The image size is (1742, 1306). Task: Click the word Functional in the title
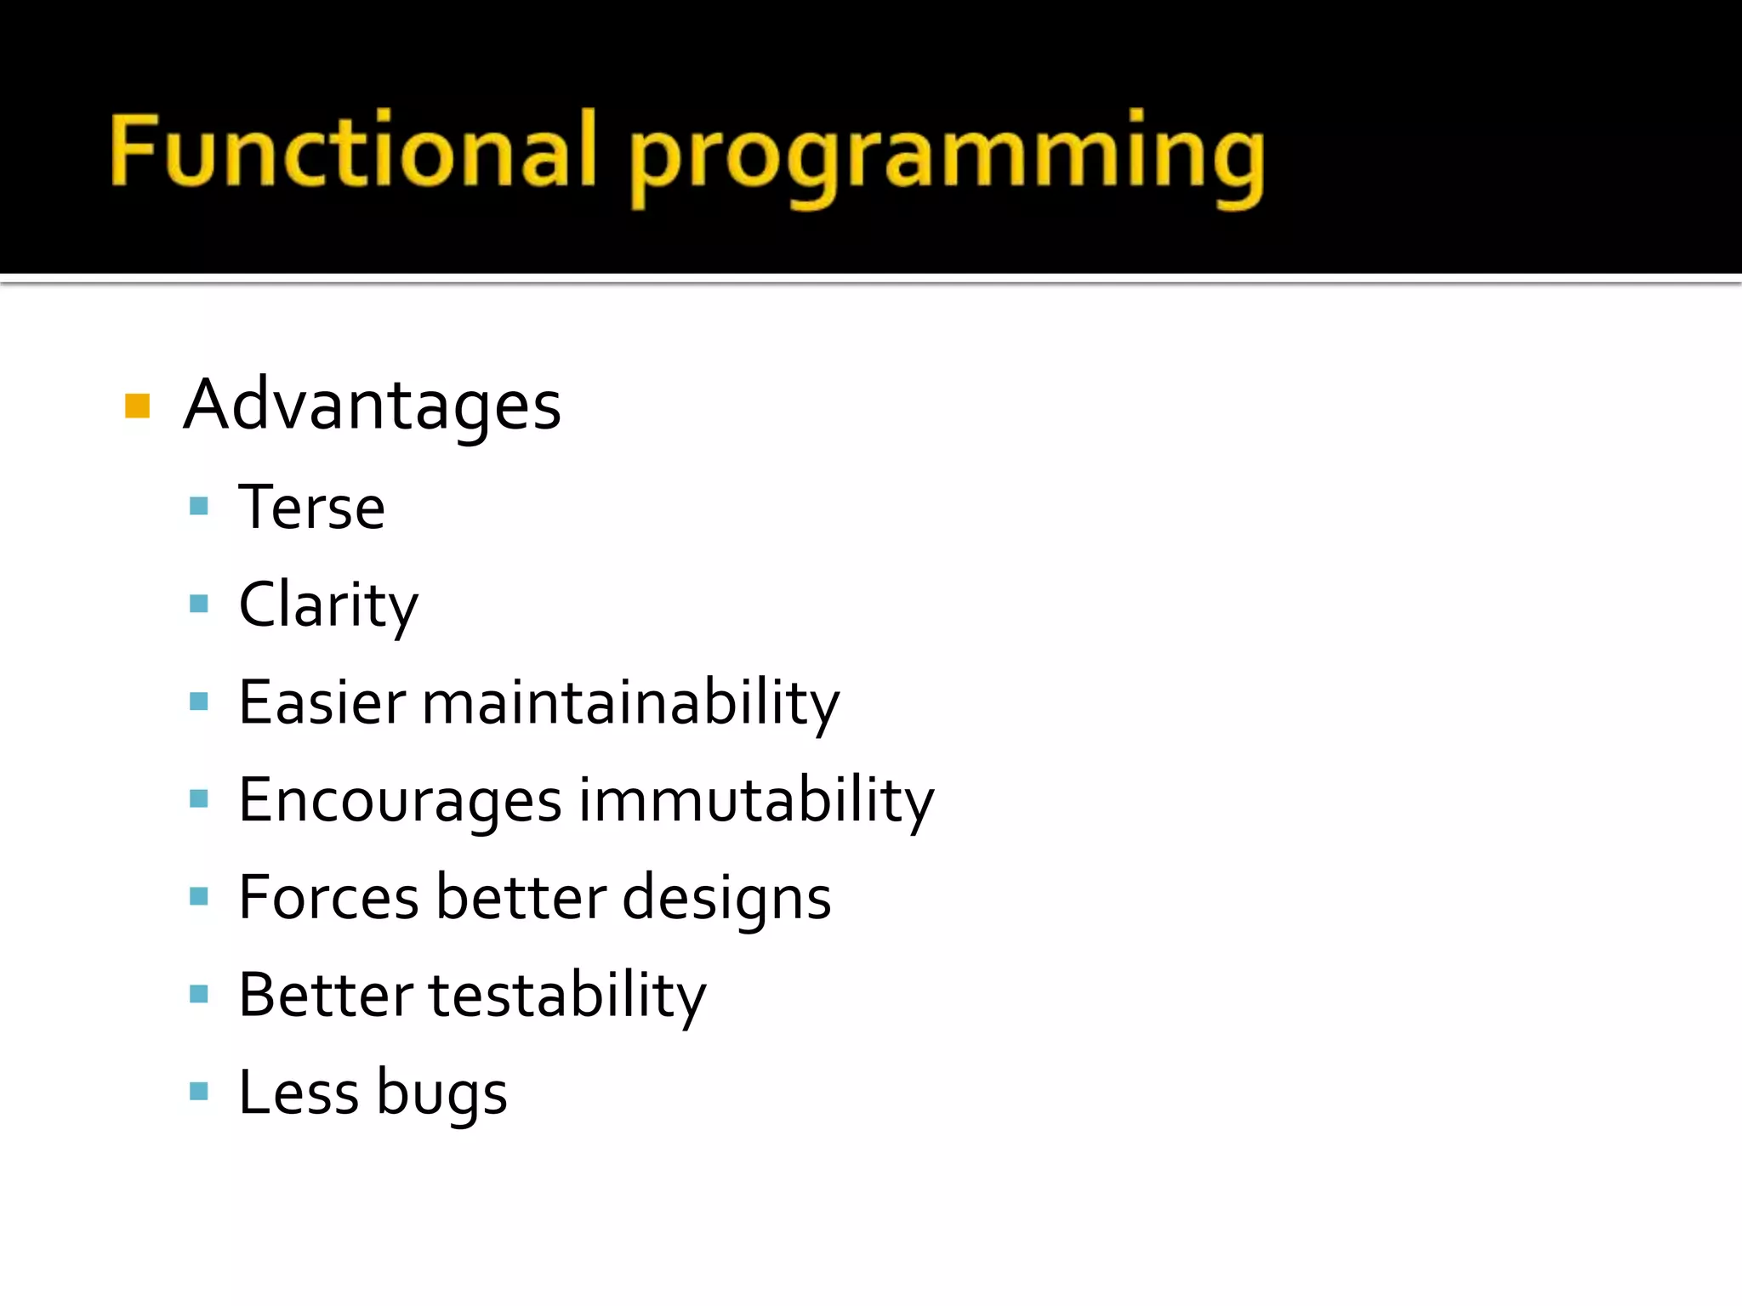pos(353,151)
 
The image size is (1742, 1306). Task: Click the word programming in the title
pos(947,157)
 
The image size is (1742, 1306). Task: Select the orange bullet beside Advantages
pos(137,406)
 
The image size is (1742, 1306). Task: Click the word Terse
pos(311,508)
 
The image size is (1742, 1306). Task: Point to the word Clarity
pos(328,605)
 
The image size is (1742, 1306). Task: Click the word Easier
pos(322,703)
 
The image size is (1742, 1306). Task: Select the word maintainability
pos(630,703)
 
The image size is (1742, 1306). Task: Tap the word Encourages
pos(400,801)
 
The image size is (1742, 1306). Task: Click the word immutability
pos(756,801)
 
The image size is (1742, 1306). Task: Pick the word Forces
pos(328,898)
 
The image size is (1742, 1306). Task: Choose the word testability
pos(566,996)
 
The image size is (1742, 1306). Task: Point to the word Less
pos(298,1093)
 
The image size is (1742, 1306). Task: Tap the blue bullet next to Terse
pos(199,507)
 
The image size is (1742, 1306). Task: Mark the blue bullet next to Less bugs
pos(199,1091)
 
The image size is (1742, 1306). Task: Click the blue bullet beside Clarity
pos(199,604)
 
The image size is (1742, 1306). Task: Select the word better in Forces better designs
pos(521,898)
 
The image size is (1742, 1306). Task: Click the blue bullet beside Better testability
pos(199,994)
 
